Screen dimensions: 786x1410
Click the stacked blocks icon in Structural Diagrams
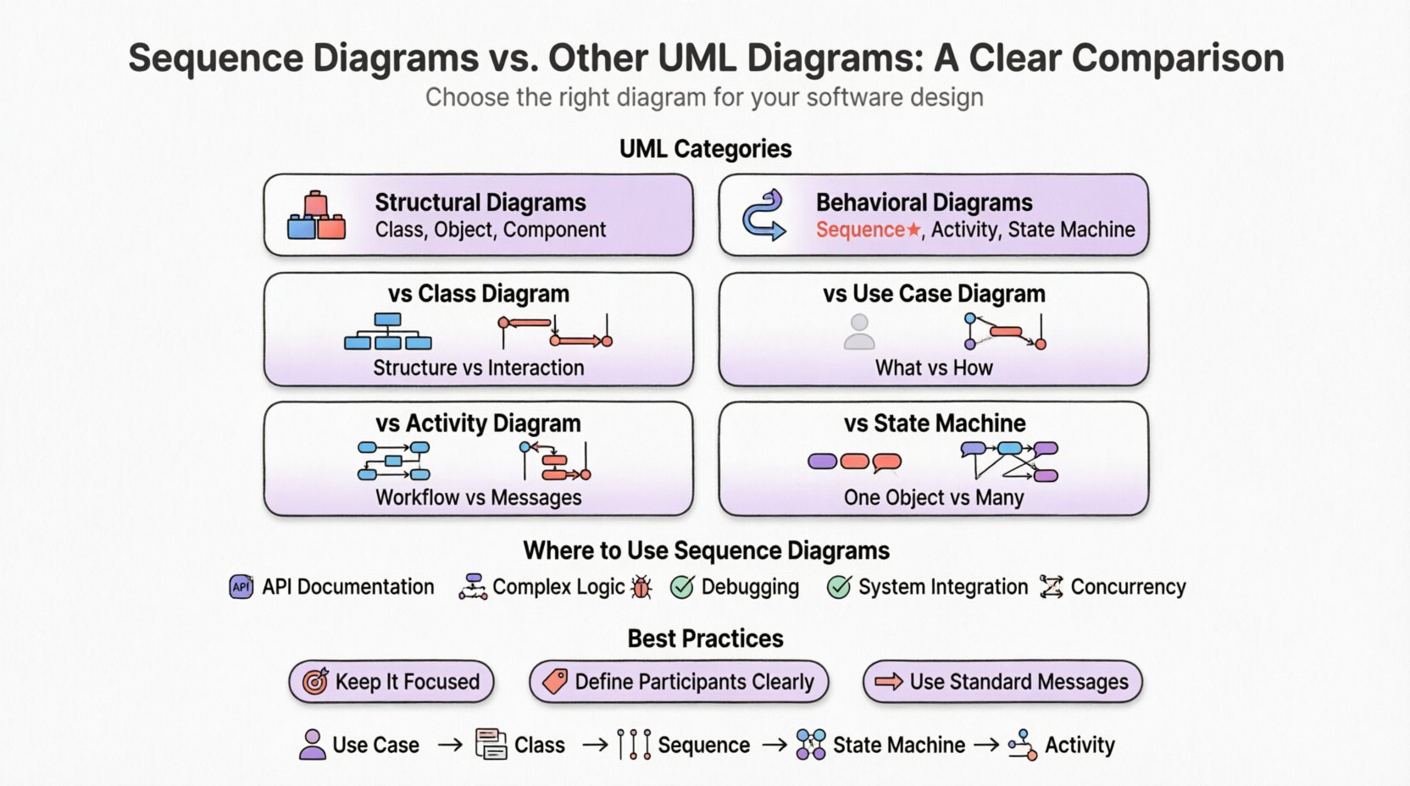316,215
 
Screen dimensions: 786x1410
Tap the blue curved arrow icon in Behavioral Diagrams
763,215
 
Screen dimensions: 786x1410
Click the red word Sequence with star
867,230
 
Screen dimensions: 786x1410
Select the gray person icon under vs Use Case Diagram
859,331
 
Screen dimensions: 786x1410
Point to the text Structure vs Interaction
479,368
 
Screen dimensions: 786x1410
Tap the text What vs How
934,368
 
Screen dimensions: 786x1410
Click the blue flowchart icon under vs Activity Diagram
393,461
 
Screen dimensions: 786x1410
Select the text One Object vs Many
934,497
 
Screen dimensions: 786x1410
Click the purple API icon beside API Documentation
241,586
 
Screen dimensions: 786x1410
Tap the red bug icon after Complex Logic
642,587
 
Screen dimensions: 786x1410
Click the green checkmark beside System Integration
839,587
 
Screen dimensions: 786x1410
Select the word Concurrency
1128,587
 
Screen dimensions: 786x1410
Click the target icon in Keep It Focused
315,681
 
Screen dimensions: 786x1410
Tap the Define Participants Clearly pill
679,682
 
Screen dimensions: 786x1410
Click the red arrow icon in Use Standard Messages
889,681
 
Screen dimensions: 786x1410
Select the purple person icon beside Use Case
313,744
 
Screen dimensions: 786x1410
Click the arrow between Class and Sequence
595,744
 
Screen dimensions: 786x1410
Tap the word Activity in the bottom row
1080,744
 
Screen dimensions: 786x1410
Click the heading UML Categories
705,149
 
